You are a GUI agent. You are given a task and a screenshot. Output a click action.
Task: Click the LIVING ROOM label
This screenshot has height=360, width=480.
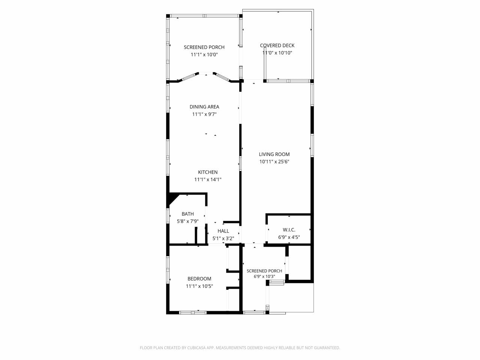click(x=274, y=154)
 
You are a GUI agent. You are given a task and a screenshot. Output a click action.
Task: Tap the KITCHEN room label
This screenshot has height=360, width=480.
click(x=208, y=172)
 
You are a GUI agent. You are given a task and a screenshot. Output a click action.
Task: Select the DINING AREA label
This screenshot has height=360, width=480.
click(x=204, y=107)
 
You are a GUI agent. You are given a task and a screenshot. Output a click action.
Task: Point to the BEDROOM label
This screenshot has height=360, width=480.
click(x=199, y=279)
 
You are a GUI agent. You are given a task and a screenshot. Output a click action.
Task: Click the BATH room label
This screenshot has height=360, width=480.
click(x=187, y=214)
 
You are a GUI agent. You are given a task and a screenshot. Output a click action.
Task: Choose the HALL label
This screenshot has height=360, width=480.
click(x=223, y=231)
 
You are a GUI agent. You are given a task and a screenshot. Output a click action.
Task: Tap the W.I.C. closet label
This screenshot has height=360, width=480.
click(x=289, y=230)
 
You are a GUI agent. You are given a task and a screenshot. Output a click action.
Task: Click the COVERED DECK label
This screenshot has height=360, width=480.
click(x=277, y=45)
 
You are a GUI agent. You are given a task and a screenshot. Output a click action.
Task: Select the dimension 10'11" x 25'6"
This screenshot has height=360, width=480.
click(x=274, y=162)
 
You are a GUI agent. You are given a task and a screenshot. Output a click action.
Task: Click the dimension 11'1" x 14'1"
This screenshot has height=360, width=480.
click(x=208, y=180)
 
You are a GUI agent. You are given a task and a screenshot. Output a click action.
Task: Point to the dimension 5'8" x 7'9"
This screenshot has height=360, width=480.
click(x=187, y=221)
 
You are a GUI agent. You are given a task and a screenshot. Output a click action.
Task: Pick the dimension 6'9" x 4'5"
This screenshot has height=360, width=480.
click(x=289, y=237)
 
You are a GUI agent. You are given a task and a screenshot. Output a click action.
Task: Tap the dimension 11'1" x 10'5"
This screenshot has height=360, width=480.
click(x=199, y=286)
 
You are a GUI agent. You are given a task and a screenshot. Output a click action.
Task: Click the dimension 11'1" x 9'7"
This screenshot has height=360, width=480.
click(x=204, y=114)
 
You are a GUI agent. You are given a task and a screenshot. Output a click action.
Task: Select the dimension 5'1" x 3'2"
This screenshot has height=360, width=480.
click(x=223, y=238)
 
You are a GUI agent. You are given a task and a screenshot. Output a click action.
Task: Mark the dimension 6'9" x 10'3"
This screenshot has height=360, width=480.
click(x=264, y=276)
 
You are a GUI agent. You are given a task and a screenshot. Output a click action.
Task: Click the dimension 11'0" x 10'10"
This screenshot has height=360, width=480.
click(x=277, y=53)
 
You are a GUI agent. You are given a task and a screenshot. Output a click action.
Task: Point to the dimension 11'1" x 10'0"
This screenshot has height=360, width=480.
click(x=204, y=55)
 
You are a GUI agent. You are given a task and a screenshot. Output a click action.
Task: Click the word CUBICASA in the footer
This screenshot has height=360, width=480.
click(x=196, y=348)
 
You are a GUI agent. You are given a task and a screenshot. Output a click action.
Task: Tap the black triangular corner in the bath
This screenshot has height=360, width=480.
click(x=172, y=198)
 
